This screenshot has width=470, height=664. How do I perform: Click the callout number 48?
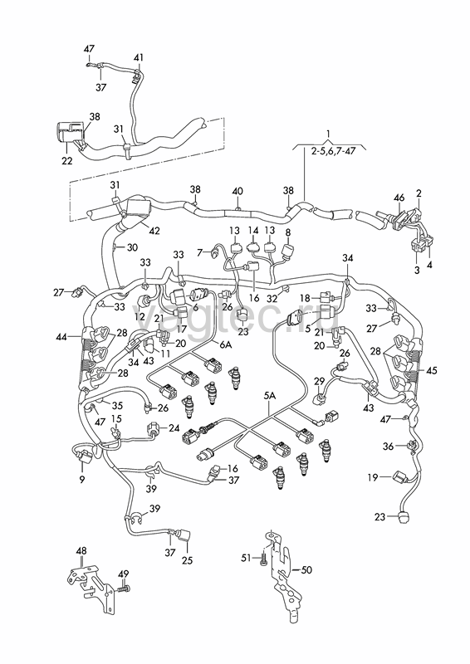click(81, 551)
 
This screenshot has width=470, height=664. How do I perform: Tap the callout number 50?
click(306, 570)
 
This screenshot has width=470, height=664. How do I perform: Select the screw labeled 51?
click(263, 559)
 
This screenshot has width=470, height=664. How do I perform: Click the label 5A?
click(270, 396)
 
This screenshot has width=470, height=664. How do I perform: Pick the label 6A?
click(226, 345)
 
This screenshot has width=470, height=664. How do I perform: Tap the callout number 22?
click(67, 161)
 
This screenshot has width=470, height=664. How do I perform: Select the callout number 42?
click(154, 231)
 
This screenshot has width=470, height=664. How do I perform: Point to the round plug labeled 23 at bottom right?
click(402, 516)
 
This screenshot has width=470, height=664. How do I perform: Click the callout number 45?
click(432, 370)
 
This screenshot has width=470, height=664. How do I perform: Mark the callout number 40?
click(237, 191)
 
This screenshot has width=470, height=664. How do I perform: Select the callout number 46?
click(399, 198)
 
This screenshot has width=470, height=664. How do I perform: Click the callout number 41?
click(139, 57)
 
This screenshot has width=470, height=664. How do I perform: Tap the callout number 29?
click(319, 382)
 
